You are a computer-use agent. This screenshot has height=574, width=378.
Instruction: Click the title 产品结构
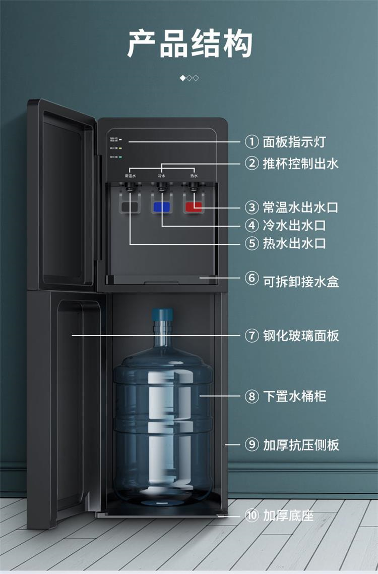pos(189,43)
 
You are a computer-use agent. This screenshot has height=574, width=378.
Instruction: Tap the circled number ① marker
pos(251,142)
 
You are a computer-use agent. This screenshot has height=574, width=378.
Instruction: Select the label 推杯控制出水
pos(300,164)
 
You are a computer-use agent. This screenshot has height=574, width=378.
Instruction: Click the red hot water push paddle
pos(194,207)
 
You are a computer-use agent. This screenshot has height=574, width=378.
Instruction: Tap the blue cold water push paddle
pos(162,207)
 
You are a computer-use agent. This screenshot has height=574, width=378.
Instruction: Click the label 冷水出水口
pos(294,225)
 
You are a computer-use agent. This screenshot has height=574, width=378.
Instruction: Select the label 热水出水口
pos(294,243)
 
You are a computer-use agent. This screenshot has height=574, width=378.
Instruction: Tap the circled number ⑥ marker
pos(251,279)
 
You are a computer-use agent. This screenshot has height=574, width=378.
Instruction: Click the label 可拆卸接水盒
pos(300,281)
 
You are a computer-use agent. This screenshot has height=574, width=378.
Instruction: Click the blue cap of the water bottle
pos(162,316)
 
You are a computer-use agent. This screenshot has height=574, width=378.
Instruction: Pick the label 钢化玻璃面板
pos(300,335)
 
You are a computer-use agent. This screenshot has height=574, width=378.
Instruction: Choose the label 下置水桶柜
pos(294,396)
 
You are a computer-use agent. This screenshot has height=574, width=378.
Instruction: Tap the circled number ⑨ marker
pos(251,445)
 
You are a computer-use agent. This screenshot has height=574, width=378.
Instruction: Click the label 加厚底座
pos(288,516)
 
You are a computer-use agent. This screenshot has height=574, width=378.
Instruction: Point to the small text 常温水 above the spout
pos(130,176)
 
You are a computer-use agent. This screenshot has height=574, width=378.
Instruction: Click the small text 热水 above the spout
pos(194,176)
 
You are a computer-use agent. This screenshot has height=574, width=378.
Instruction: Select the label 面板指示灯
pos(294,142)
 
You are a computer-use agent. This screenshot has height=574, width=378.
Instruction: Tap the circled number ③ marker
pos(251,207)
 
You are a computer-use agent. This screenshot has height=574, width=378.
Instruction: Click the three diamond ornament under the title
pos(189,78)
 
